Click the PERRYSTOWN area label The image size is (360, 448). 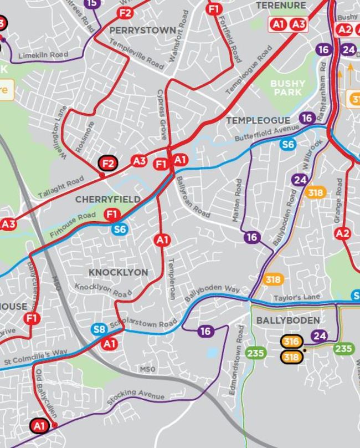[x=143, y=30]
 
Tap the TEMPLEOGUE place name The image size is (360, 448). [x=258, y=120]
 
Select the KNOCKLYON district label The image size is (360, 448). [x=119, y=272]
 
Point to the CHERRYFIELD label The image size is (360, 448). [x=107, y=199]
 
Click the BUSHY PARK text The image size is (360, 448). [x=287, y=88]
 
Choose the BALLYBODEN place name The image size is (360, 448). [x=287, y=320]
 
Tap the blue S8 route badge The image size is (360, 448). [x=99, y=330]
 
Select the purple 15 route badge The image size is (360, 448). [x=92, y=3]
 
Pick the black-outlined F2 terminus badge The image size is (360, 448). [x=108, y=163]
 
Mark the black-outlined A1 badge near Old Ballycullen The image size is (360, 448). [x=39, y=426]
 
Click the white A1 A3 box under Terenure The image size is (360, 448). [x=288, y=24]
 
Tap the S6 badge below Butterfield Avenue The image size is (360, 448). [x=287, y=145]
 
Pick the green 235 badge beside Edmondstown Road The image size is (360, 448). [x=256, y=353]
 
